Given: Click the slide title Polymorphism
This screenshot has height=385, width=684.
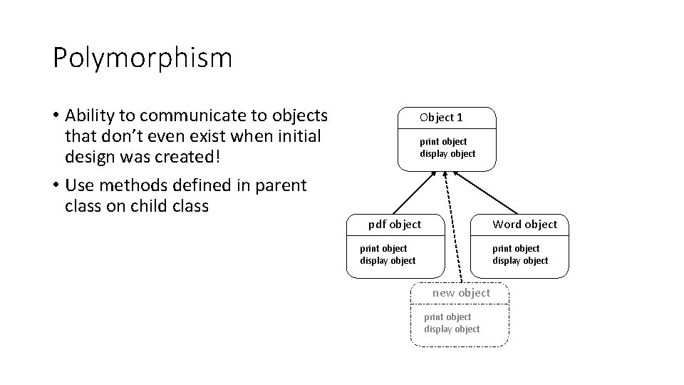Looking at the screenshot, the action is [142, 58].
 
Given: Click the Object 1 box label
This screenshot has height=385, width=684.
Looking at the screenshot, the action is [441, 117].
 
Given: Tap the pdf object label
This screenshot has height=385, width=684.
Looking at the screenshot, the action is [395, 225].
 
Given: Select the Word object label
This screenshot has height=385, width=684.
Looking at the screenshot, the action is [525, 225].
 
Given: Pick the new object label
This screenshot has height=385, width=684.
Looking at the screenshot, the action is [461, 293].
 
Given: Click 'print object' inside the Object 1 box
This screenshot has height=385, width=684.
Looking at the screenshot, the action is [443, 141].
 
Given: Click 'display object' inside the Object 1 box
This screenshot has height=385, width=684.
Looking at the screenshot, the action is [447, 153].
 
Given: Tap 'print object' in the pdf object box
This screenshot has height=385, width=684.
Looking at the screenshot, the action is [383, 248].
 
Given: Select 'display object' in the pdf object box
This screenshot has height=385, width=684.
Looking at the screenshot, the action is [388, 260].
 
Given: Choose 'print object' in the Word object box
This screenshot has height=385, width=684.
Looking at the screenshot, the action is [516, 248].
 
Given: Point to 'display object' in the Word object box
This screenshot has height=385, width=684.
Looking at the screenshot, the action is [520, 260].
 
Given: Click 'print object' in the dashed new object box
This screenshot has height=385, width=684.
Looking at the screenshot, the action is [447, 317].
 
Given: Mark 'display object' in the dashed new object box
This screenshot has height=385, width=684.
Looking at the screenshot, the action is [452, 329].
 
